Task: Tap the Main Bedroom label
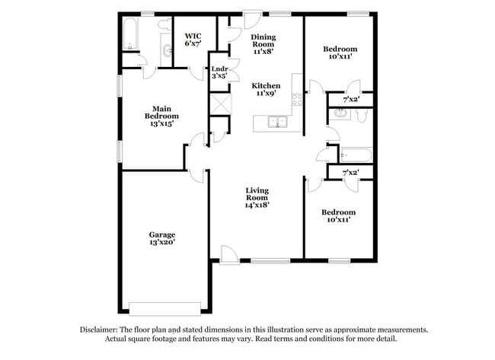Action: (x=161, y=116)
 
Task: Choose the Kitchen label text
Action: (x=266, y=86)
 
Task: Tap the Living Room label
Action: (x=257, y=194)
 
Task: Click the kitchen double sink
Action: (x=277, y=122)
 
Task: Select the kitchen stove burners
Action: (x=297, y=100)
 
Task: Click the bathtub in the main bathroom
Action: (x=129, y=33)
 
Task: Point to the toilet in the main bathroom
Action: (x=164, y=24)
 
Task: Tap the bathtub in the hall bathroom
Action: (x=356, y=155)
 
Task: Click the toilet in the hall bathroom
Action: (x=362, y=116)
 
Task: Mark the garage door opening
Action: (x=164, y=309)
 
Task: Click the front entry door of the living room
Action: (x=229, y=255)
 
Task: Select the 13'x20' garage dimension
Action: (x=162, y=242)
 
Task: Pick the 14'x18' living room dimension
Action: (x=257, y=205)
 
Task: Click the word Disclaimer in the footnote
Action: (x=98, y=330)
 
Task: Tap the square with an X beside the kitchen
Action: (x=220, y=104)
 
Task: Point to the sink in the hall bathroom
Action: (x=340, y=113)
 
